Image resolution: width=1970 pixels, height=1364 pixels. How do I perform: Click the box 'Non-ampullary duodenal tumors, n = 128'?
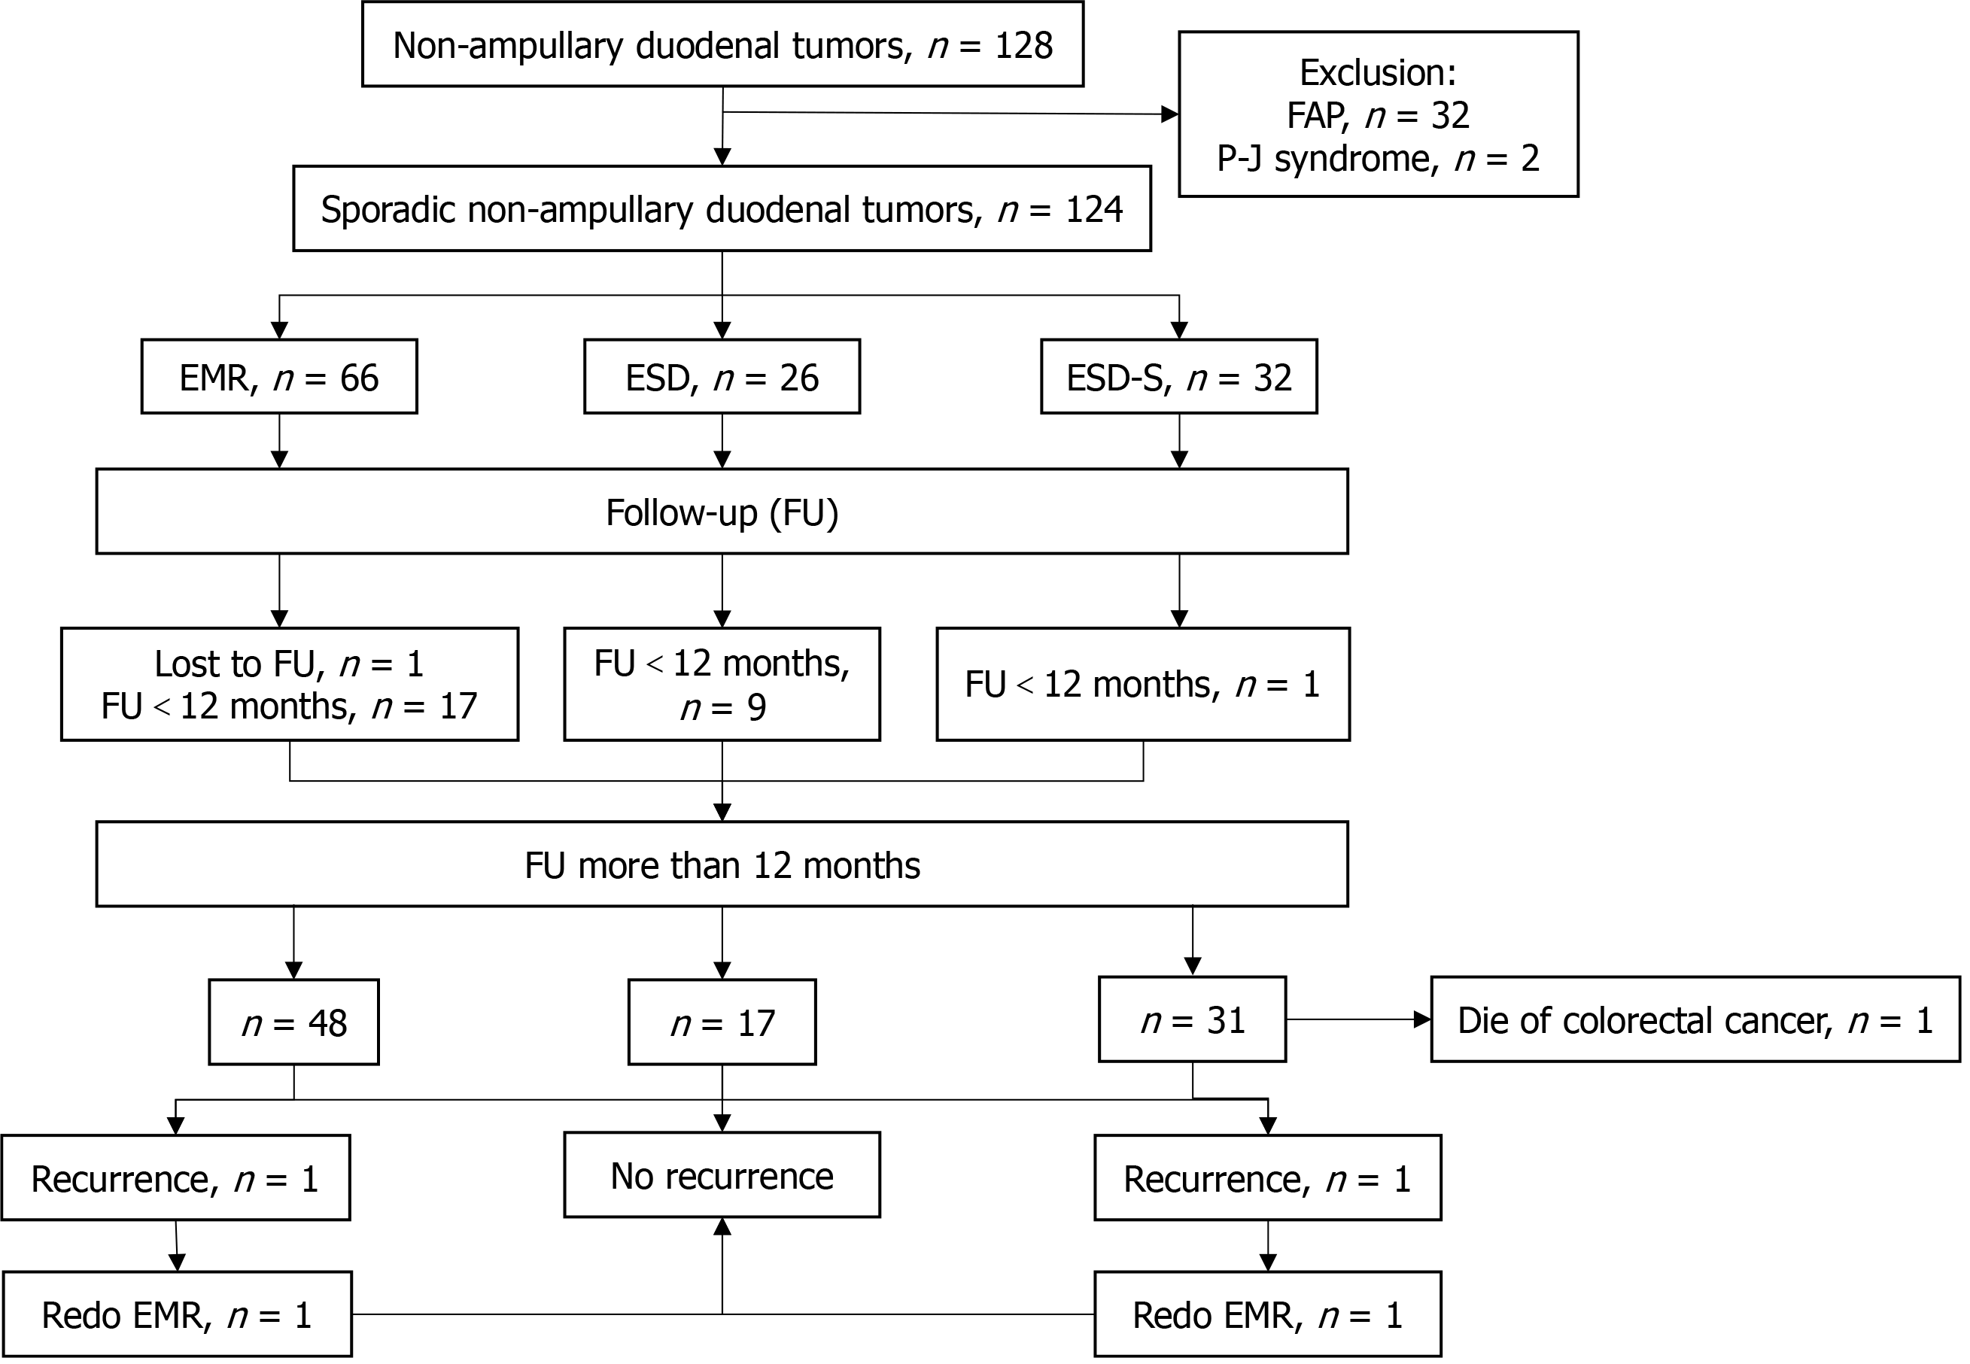(x=722, y=44)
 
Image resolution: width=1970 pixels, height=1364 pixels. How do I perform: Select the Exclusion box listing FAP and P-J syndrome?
(x=1378, y=114)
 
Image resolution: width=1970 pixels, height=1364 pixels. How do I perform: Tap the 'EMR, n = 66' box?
(x=278, y=377)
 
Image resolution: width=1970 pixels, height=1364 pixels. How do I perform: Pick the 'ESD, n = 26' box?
(x=722, y=377)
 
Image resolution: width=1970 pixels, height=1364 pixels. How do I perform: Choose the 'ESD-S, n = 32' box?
(x=1178, y=377)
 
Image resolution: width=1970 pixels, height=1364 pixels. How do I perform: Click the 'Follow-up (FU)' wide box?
(x=722, y=512)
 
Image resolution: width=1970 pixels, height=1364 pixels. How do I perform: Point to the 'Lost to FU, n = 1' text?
(x=289, y=664)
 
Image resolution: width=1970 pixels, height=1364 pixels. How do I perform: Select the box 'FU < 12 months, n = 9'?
(x=722, y=685)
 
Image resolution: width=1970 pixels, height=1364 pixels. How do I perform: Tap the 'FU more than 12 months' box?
(x=722, y=865)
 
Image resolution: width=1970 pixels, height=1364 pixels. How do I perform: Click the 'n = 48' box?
(x=293, y=1022)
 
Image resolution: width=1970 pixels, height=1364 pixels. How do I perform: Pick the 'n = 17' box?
(x=722, y=1022)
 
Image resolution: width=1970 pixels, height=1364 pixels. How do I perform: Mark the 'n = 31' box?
(x=1191, y=1019)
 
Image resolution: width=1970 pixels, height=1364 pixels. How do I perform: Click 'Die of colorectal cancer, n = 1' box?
(x=1695, y=1019)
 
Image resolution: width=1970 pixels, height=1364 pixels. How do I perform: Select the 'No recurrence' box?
(x=722, y=1175)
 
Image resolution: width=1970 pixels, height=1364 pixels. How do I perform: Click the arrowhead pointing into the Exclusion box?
(x=1169, y=114)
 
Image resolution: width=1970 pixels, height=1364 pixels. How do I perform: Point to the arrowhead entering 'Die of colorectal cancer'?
(x=1422, y=1019)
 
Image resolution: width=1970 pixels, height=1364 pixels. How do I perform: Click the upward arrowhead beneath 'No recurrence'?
(x=722, y=1227)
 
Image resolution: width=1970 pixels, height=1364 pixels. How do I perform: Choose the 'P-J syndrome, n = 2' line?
(x=1378, y=159)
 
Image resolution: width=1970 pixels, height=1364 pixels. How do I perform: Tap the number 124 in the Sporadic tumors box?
(x=1094, y=209)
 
